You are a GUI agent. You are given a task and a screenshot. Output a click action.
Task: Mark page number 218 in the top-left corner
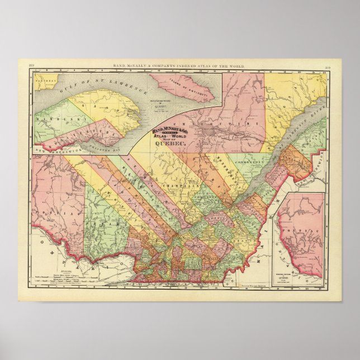(31, 66)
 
